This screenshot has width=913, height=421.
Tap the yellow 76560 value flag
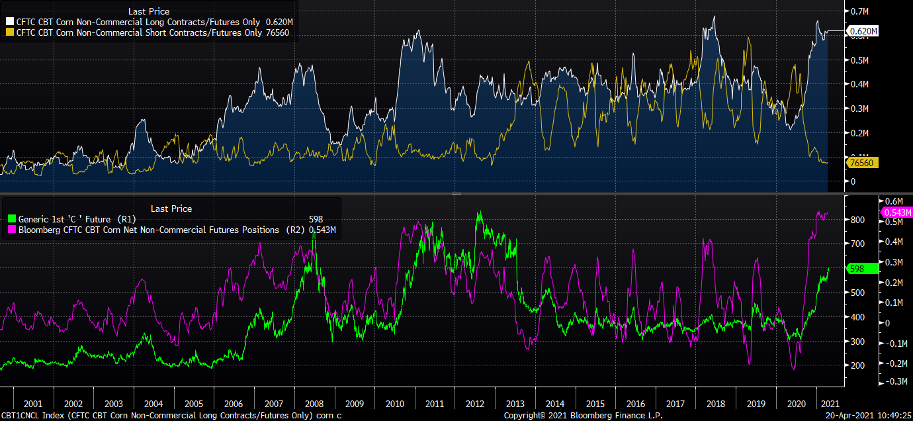[x=863, y=163]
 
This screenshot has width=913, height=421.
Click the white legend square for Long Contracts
[x=9, y=22]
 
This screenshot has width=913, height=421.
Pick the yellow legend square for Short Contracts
[x=9, y=32]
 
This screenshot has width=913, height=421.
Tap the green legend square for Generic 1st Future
[x=11, y=219]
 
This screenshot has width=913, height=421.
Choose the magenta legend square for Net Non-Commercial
[x=11, y=230]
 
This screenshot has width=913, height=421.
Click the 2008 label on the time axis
[x=314, y=404]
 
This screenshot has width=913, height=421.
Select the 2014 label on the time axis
[x=555, y=404]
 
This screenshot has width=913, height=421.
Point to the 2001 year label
[x=33, y=404]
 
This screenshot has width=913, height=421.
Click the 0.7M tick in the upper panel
[x=859, y=11]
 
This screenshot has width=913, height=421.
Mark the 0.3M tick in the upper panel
[x=859, y=108]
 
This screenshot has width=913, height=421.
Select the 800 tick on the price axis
[x=857, y=220]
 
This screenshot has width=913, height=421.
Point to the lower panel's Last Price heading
[x=171, y=209]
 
